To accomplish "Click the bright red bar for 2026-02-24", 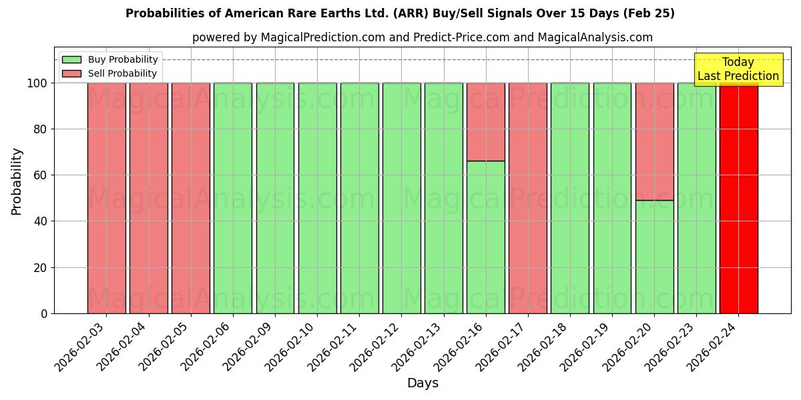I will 738,200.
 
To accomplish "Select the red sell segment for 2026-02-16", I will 485,122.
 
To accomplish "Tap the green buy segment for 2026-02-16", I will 485,237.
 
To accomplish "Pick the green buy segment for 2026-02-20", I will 654,257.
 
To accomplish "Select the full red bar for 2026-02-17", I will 527,198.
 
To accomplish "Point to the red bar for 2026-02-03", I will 106,198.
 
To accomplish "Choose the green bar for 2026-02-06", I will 232,198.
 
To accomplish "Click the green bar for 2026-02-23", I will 696,198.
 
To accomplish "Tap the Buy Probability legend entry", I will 110,59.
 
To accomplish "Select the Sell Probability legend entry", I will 110,73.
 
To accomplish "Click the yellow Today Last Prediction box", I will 738,69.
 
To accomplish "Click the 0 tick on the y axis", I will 44,313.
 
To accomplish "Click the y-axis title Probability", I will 17,181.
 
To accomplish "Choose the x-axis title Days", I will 423,383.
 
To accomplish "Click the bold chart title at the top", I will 400,13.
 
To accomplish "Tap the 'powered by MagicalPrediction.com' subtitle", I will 422,37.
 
